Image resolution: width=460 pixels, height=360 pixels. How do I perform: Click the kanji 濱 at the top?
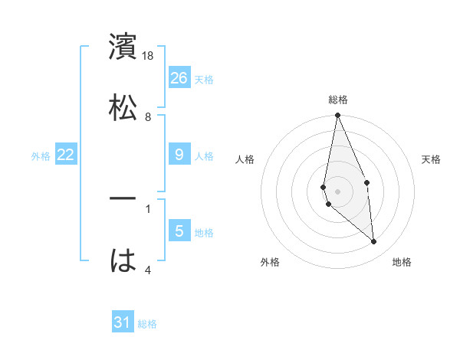point(123,47)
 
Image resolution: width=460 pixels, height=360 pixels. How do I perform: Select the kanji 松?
point(123,106)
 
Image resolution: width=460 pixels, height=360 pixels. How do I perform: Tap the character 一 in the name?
point(123,199)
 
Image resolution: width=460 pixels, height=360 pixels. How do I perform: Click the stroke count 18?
point(149,56)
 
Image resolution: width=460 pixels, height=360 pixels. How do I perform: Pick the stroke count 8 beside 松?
point(148,116)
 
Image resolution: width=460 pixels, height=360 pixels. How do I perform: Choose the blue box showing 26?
point(179,77)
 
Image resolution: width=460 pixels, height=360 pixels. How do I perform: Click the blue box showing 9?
point(179,155)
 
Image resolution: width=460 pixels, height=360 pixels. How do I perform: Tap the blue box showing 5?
point(179,231)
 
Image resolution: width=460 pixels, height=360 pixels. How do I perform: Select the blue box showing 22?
point(66,155)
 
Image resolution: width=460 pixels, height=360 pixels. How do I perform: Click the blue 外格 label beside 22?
point(41,156)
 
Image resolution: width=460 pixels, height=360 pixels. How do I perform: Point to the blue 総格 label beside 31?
point(147,324)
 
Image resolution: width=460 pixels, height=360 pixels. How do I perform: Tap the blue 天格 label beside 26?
point(204,79)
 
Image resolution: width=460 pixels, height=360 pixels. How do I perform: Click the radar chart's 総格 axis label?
point(338,100)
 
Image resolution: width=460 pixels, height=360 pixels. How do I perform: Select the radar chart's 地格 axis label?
point(402,262)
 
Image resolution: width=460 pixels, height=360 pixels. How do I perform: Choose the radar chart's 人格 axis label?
point(245,159)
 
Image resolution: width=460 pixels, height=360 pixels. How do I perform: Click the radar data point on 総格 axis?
point(337,116)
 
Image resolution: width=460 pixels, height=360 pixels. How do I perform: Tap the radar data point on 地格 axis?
point(374,241)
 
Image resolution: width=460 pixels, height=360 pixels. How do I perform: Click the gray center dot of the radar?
point(338,191)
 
